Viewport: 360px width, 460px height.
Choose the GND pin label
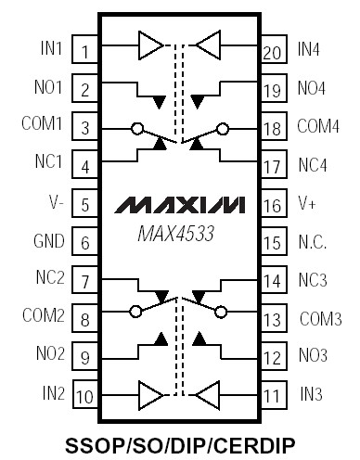(48, 242)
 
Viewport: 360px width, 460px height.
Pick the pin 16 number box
(271, 204)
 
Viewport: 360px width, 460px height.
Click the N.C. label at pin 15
(313, 242)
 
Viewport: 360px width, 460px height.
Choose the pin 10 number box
(84, 396)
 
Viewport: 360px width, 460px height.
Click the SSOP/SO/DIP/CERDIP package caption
(179, 443)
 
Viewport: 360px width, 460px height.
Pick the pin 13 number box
(271, 319)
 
